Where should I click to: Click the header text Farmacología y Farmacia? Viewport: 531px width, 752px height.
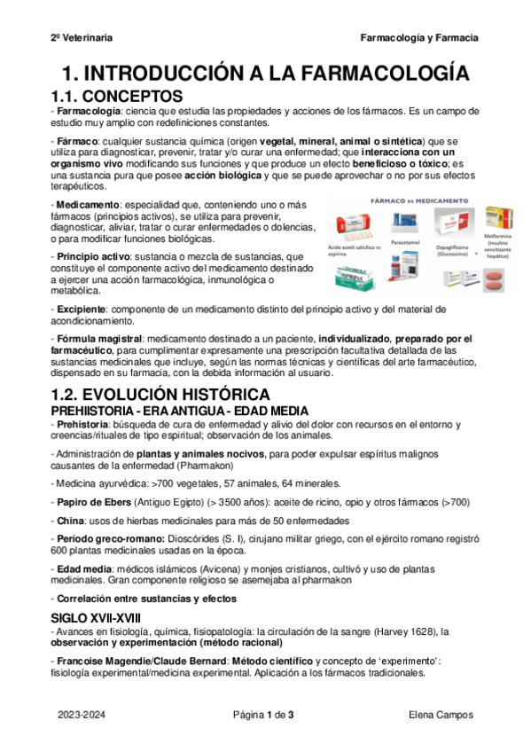419,38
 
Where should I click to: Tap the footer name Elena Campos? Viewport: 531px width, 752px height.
441,715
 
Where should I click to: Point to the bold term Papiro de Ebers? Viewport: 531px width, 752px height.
96,502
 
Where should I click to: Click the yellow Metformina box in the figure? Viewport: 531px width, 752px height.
499,217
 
